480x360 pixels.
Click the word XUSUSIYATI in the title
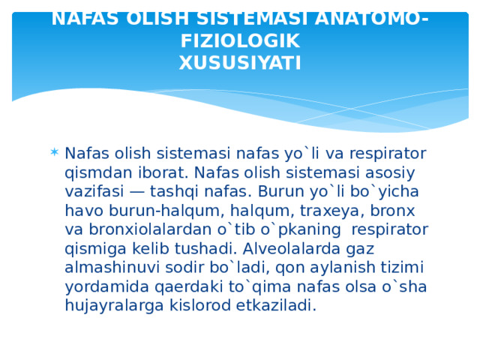click(240, 62)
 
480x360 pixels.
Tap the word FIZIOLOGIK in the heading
click(240, 40)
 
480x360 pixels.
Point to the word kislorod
click(190, 305)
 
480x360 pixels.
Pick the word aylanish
click(341, 267)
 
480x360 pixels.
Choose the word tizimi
click(402, 267)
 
